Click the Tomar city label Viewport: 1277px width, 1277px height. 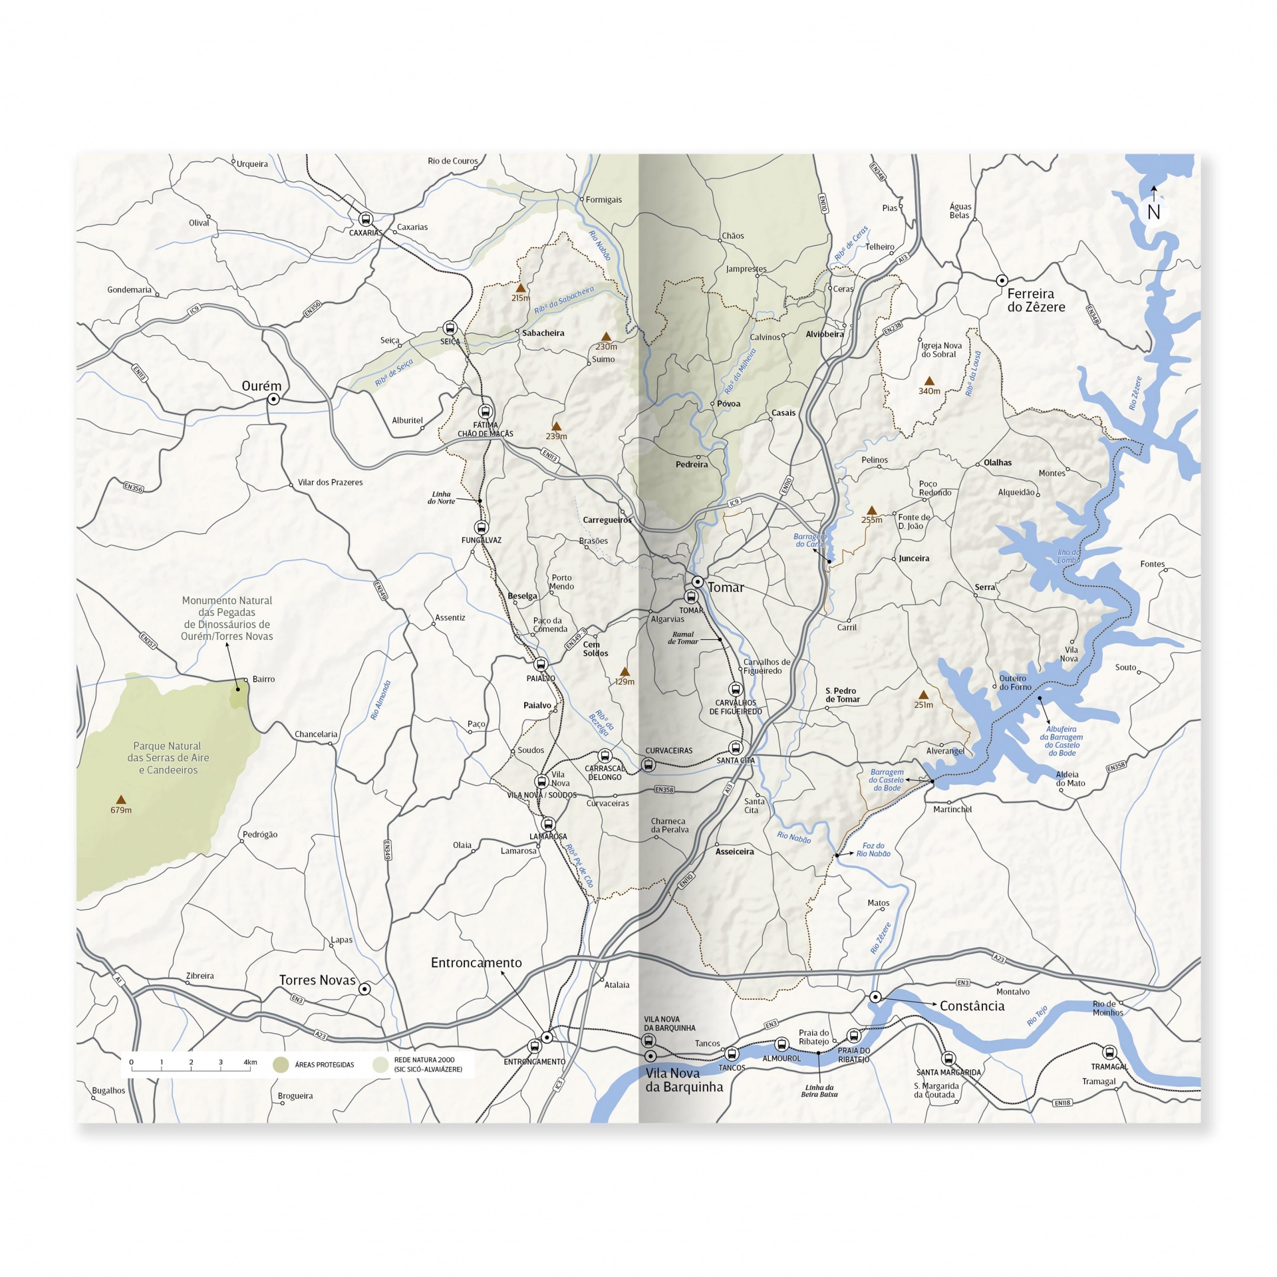726,587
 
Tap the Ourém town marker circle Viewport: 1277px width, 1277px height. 273,399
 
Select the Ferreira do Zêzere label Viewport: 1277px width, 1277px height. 1035,300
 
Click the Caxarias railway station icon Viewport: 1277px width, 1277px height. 365,219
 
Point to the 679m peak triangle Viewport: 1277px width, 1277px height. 120,799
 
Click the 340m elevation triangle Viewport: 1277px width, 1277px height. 930,381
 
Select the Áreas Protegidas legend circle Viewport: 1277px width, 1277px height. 281,1065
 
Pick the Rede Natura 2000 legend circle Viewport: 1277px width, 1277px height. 380,1065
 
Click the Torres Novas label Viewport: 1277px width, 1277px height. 317,980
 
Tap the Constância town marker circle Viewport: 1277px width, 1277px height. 876,997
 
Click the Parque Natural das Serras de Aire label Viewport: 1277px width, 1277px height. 168,758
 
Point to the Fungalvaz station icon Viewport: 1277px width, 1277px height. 480,527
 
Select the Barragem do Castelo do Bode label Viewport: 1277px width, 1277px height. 887,780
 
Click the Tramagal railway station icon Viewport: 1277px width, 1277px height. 1109,1052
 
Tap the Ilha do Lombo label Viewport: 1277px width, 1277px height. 1069,556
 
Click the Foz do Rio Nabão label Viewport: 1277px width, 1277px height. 873,849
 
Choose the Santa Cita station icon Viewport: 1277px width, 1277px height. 735,748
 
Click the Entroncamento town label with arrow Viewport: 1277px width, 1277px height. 476,962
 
